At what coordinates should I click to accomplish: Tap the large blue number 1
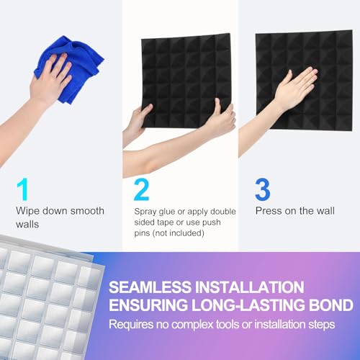pos(24,189)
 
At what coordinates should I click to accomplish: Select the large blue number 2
pos(142,189)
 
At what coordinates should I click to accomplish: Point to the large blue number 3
pos(262,189)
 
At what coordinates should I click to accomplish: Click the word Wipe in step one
pos(28,211)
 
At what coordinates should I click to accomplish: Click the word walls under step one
pos(27,224)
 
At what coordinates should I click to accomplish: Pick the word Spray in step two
pos(147,212)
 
